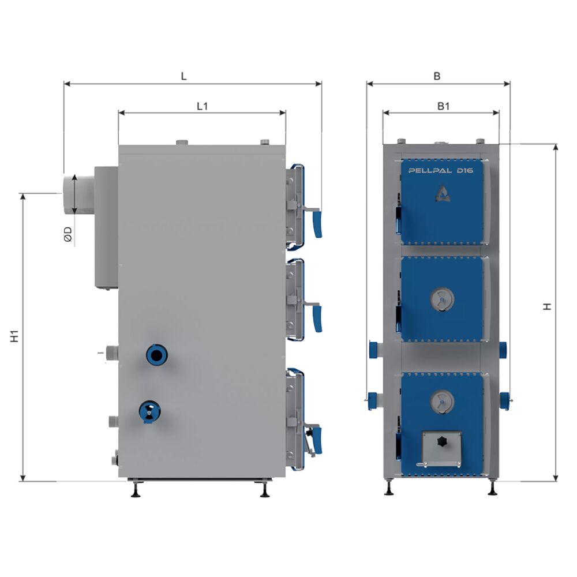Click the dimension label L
coord(183,76)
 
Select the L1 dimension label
coord(203,106)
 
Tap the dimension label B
coord(437,76)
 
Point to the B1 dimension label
coord(443,106)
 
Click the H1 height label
coord(14,336)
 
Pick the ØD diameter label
coord(68,235)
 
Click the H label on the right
coord(547,306)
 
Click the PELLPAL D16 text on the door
coord(440,171)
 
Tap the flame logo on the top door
coord(443,193)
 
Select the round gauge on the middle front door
coord(441,299)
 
